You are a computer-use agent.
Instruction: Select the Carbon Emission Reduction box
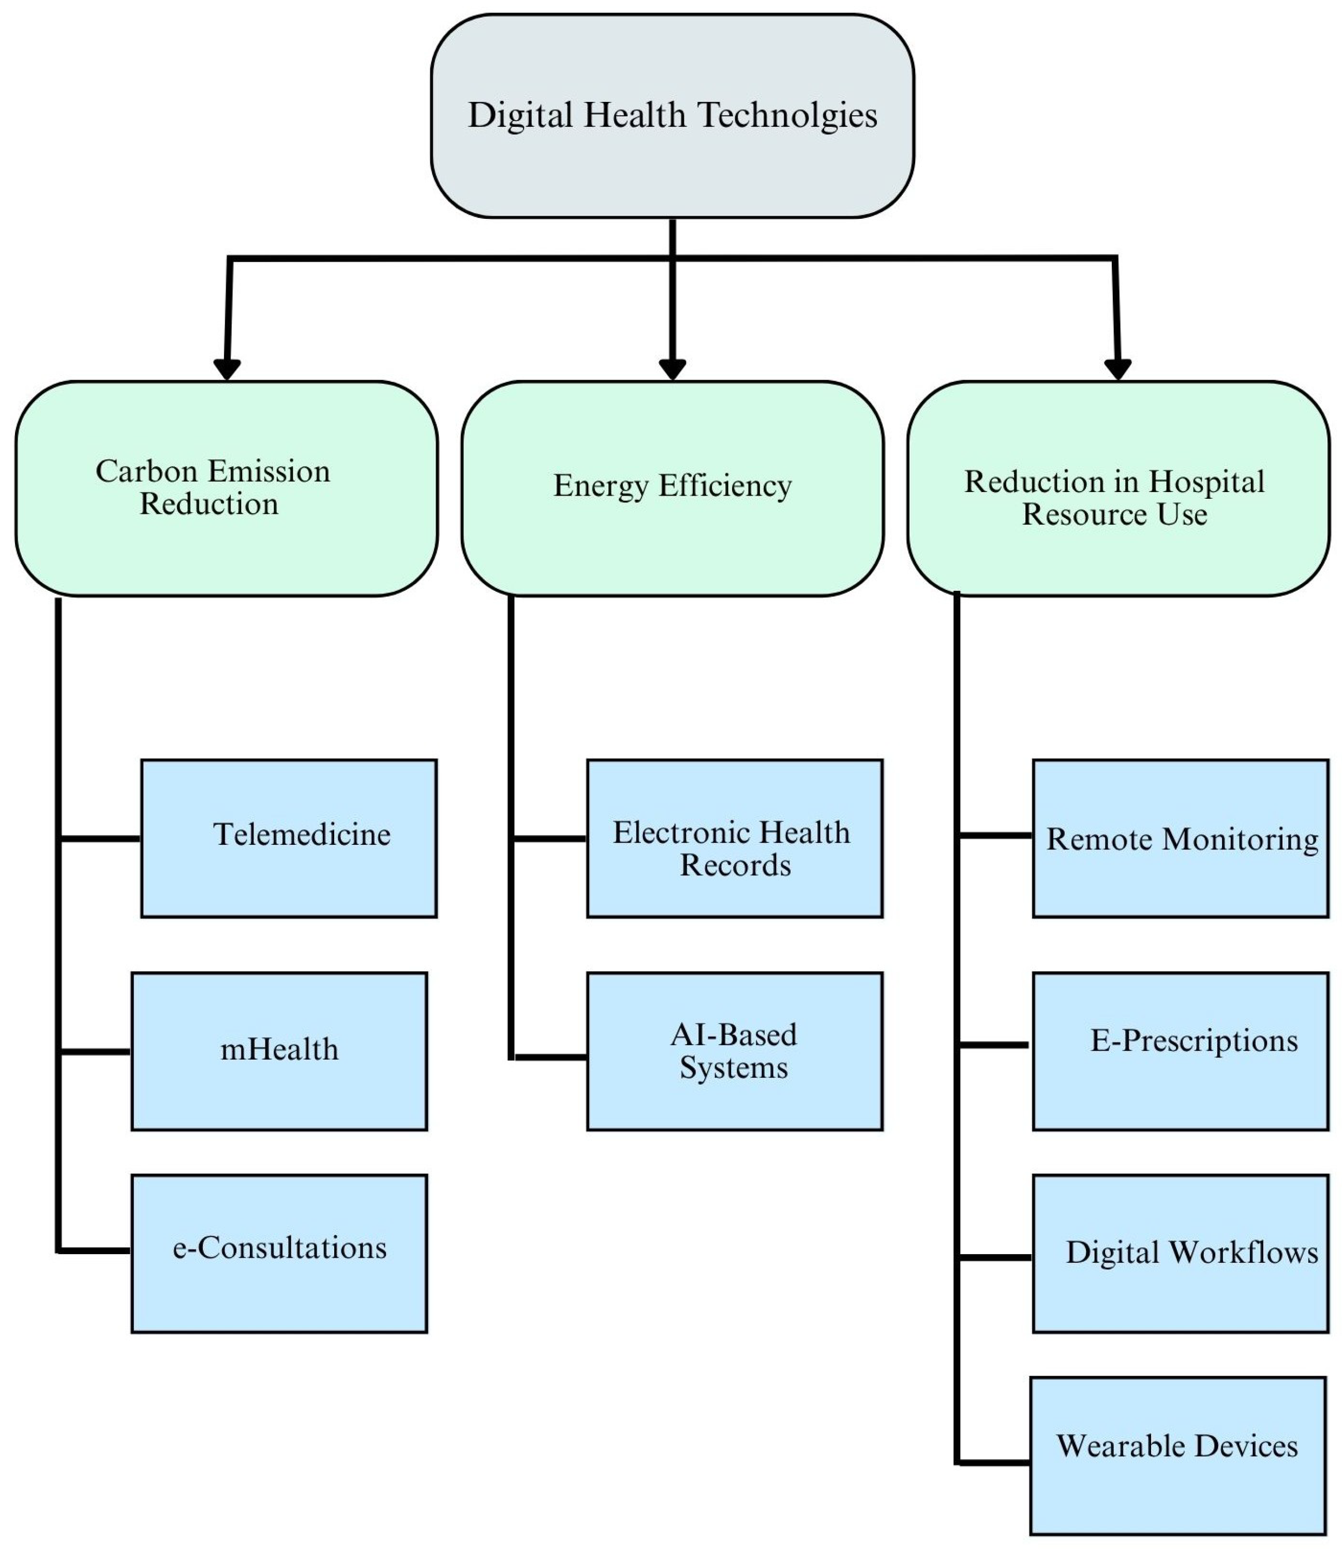226,488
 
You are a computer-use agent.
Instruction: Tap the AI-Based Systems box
734,1051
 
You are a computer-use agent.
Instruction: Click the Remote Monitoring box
1180,838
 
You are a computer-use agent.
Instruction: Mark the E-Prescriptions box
1180,1051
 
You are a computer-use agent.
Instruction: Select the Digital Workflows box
1180,1253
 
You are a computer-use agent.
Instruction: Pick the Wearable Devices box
1177,1455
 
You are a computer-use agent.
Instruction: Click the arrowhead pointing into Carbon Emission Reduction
227,369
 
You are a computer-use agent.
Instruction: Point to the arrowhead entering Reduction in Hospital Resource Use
1117,369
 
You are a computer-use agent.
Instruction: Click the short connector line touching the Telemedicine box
100,839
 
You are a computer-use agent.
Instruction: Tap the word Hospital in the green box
1206,482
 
